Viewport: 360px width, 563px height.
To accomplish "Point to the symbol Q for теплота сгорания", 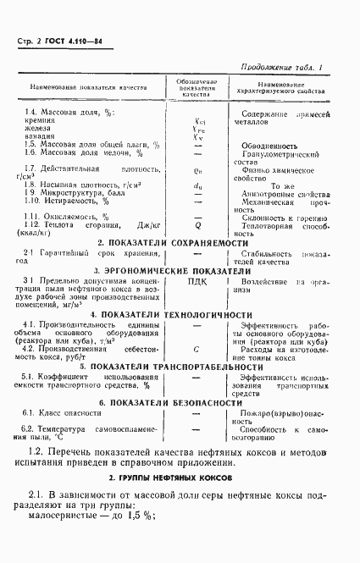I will tap(197, 226).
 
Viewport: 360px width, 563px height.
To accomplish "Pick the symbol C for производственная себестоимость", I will tap(197, 348).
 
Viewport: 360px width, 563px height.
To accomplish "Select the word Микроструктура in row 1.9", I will tap(85, 192).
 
